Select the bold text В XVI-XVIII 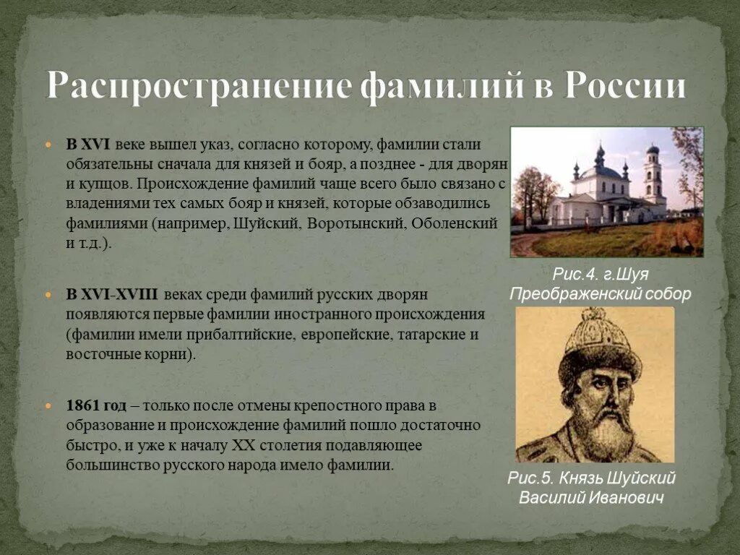(112, 295)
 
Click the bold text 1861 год (96, 406)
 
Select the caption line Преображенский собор (601, 294)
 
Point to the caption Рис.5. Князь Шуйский (591, 478)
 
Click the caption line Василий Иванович (591, 499)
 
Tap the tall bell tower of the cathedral (653, 177)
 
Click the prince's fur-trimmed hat (598, 343)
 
